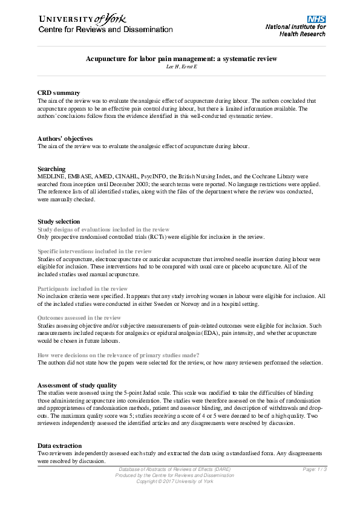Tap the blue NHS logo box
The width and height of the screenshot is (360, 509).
tap(316, 19)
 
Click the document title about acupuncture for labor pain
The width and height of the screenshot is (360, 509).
tap(181, 59)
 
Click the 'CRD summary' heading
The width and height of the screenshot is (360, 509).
tap(59, 92)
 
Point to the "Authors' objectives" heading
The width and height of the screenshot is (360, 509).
tap(65, 138)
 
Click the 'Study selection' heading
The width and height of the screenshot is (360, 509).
tap(59, 222)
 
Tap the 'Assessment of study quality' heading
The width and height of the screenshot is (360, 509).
tap(77, 385)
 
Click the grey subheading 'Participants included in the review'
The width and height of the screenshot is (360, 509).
tap(82, 289)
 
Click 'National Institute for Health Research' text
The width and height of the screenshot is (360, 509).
tap(295, 30)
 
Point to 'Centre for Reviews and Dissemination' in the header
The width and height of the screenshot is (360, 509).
tap(105, 30)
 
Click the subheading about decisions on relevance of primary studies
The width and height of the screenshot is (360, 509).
tap(118, 355)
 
